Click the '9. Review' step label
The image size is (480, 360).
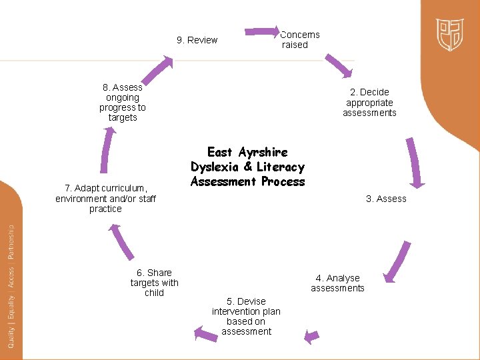pos(197,40)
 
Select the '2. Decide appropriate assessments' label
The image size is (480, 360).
pos(369,103)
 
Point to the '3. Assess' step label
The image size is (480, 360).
pos(386,199)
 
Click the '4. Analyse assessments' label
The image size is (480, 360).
pos(337,283)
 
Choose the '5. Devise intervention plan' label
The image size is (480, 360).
pos(246,316)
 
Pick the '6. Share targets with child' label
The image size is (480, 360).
pos(154,283)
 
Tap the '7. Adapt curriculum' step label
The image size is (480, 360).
pos(105,199)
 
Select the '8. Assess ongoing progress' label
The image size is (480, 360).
pos(123,103)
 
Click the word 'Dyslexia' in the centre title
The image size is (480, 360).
pos(217,167)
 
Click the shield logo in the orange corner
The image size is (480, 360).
pos(450,35)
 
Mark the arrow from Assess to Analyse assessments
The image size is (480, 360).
pos(399,262)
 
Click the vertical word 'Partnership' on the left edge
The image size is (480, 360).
pos(11,241)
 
